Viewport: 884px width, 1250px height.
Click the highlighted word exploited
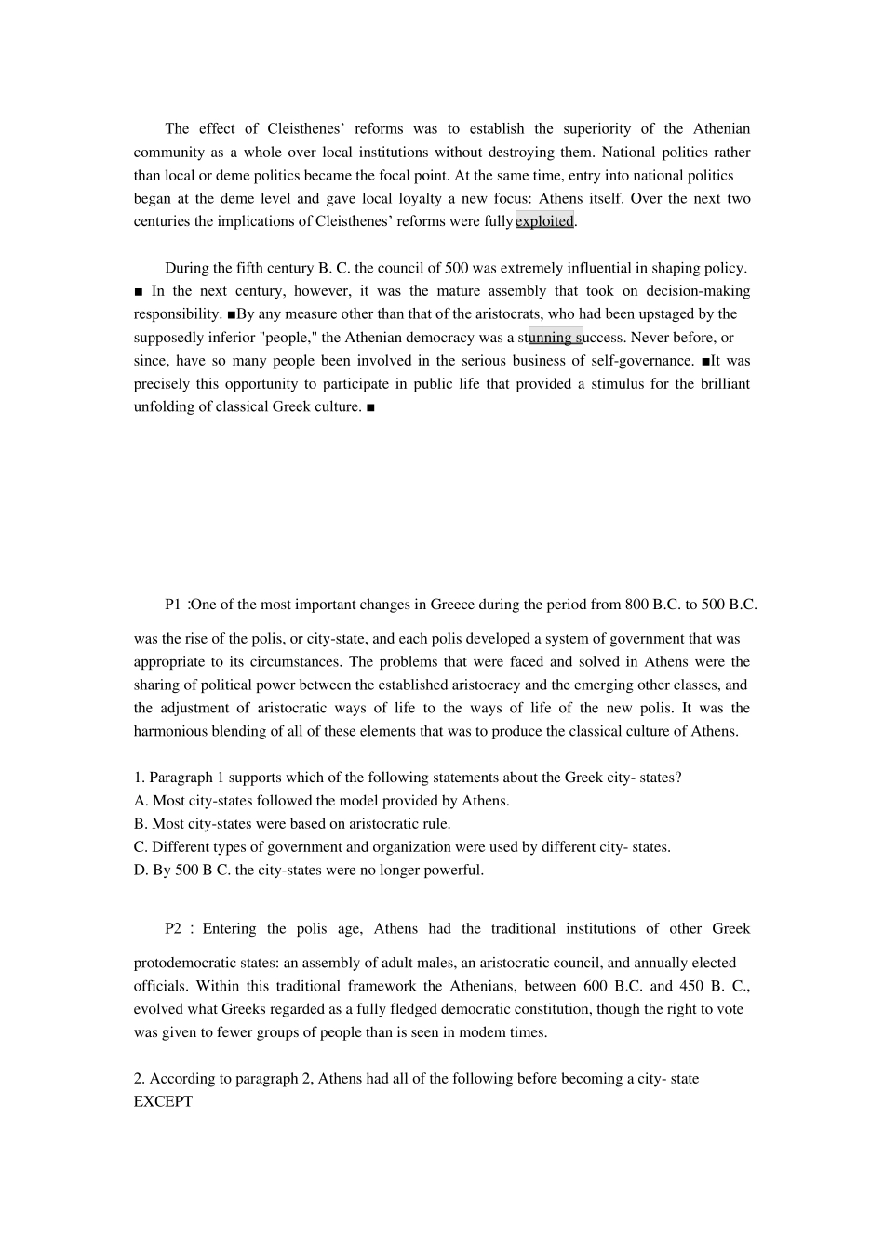tap(544, 221)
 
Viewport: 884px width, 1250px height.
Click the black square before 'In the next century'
tap(139, 291)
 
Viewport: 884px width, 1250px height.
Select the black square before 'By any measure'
tap(232, 314)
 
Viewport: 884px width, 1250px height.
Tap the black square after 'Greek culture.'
tap(370, 407)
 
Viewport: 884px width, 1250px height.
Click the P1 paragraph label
tap(174, 605)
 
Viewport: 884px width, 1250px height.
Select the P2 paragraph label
tap(174, 929)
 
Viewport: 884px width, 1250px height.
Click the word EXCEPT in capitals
tap(164, 1102)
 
